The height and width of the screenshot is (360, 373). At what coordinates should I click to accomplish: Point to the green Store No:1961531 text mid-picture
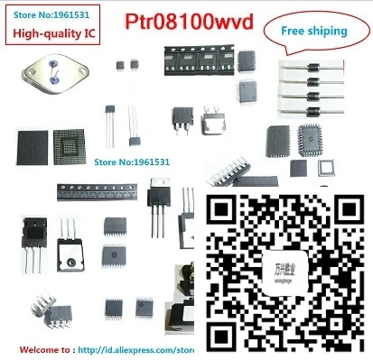pyautogui.click(x=132, y=162)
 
